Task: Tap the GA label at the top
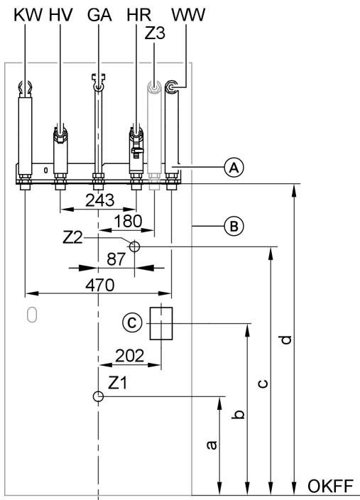[98, 15]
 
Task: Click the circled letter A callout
[231, 168]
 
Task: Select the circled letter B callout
[231, 227]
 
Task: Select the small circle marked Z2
[134, 246]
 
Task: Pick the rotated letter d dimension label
[286, 339]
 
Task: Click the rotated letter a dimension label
[211, 445]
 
